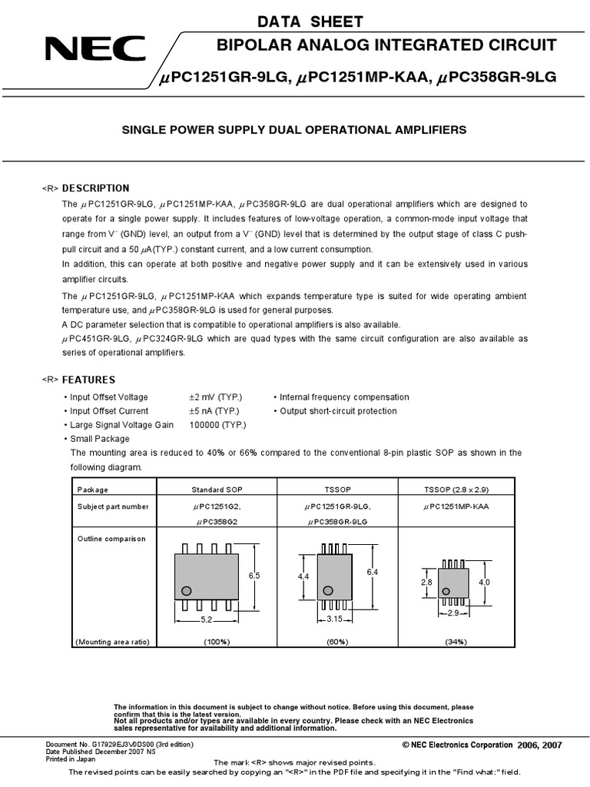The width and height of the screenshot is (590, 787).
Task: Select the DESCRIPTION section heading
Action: click(x=95, y=188)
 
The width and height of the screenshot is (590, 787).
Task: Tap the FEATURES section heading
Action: click(x=88, y=380)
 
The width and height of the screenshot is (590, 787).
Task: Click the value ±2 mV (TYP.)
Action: click(x=216, y=397)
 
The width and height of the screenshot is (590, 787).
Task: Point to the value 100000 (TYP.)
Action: click(x=218, y=425)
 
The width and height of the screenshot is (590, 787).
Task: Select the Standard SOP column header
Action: click(x=217, y=490)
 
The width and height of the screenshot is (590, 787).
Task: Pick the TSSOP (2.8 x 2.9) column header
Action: click(x=456, y=490)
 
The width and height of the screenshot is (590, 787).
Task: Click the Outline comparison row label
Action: click(x=111, y=539)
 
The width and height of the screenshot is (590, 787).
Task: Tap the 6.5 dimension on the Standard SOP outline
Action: click(x=255, y=576)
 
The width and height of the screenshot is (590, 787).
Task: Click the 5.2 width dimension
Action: click(x=206, y=619)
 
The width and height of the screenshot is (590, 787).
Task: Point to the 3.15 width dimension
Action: click(x=334, y=619)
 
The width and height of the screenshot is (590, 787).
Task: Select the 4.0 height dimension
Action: click(x=484, y=583)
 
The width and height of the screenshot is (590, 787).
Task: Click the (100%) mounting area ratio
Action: click(x=217, y=642)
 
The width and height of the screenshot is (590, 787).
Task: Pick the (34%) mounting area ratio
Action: click(x=456, y=642)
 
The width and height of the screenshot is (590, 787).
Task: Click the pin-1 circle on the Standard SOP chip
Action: click(x=185, y=591)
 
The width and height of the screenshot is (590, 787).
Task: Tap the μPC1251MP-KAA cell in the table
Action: click(x=456, y=506)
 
